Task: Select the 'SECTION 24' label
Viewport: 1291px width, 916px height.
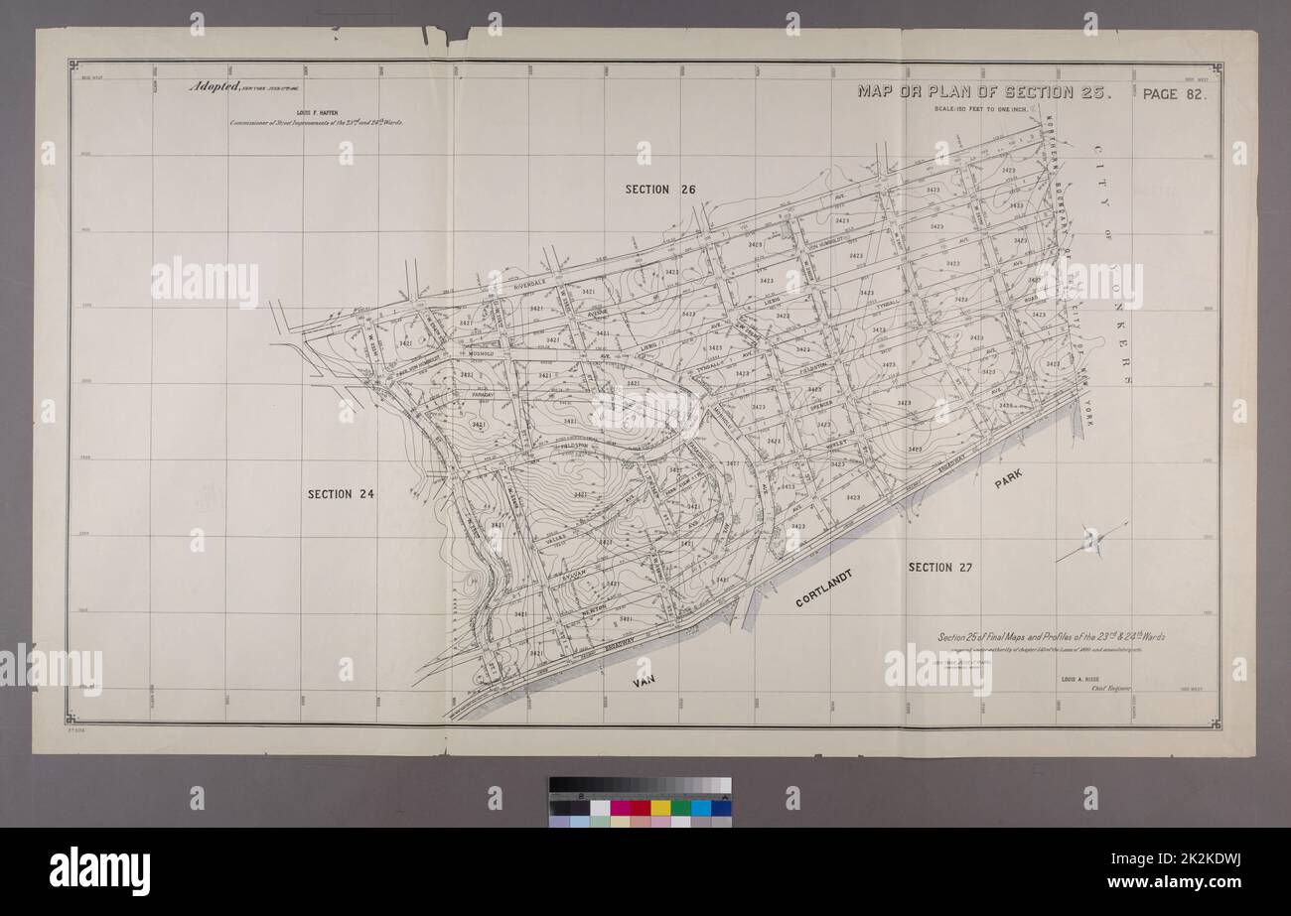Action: point(341,493)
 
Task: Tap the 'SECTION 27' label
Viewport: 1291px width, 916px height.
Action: point(939,567)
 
